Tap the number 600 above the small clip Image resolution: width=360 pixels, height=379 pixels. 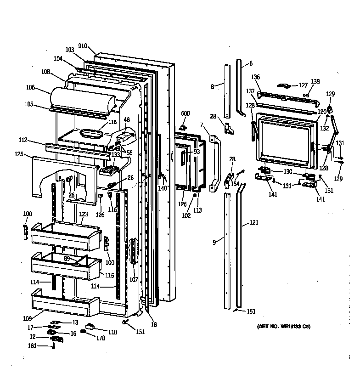click(185, 113)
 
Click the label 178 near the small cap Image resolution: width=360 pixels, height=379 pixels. click(101, 338)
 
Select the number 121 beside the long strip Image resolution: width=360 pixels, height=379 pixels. click(254, 223)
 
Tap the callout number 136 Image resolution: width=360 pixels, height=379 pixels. click(256, 77)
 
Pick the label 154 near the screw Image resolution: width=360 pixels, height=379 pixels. click(235, 184)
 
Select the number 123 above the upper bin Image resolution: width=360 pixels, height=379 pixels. click(83, 214)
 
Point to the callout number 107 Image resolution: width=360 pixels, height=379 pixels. click(134, 279)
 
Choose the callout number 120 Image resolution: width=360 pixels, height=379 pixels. click(321, 112)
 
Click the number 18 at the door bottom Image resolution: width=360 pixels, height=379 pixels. click(154, 324)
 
